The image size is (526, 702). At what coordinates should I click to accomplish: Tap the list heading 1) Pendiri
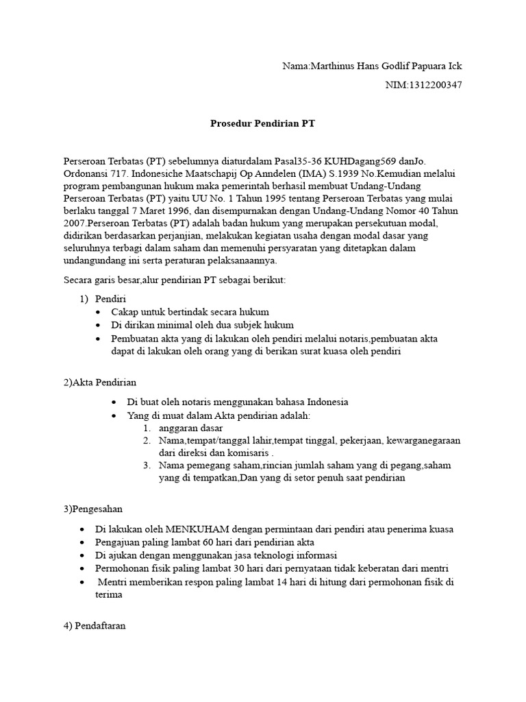click(102, 299)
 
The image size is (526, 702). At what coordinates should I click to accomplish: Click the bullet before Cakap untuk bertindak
click(100, 312)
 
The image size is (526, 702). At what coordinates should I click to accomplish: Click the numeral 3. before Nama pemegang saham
click(147, 465)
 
